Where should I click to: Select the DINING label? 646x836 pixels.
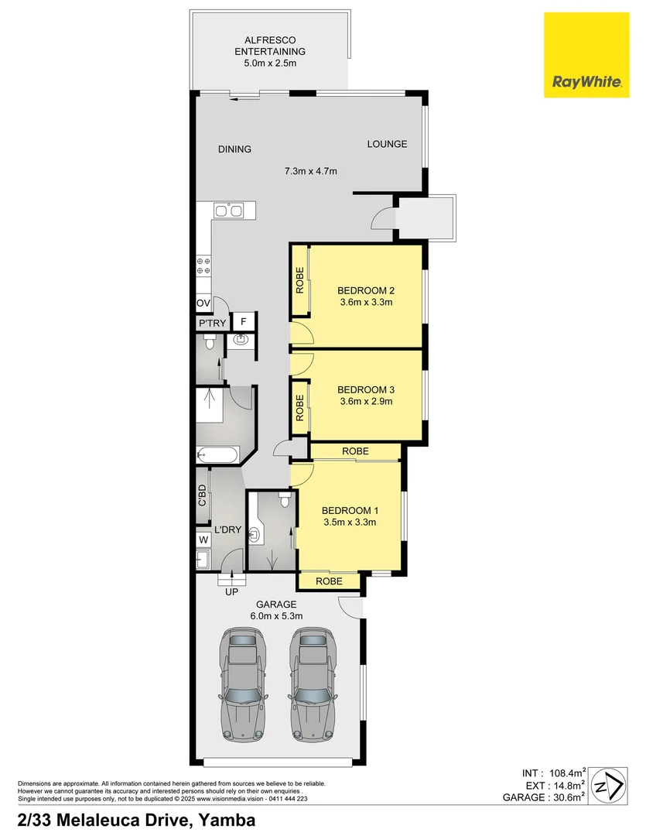tap(234, 149)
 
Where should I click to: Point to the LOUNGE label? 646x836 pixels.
tap(387, 144)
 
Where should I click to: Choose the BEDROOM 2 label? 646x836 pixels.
tap(366, 291)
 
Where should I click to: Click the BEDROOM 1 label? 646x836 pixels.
tap(350, 511)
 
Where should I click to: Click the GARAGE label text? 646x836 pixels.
tap(275, 605)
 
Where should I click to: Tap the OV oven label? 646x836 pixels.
tap(203, 303)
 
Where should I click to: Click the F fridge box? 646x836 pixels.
tap(243, 322)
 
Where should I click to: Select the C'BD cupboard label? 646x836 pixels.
tap(203, 495)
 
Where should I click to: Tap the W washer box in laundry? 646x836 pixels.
tap(203, 539)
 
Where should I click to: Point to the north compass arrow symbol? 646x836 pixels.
tap(613, 785)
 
